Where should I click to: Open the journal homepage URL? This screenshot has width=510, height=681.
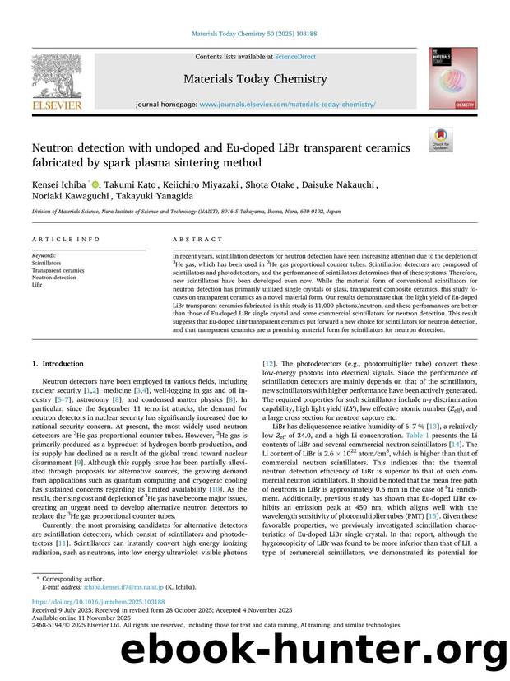287,105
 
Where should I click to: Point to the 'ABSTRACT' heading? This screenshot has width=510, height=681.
197,239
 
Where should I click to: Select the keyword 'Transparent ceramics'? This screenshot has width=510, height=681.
58,270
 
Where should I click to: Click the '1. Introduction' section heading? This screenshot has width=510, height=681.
57,363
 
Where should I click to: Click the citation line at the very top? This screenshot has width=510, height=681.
254,34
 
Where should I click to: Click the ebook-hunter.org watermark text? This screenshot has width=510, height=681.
312,652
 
